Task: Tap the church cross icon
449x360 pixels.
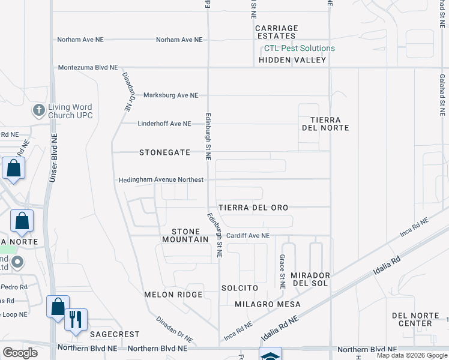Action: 38,110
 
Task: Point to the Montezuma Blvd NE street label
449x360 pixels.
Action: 88,68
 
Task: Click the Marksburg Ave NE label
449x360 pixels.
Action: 170,95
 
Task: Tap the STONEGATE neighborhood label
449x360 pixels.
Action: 164,152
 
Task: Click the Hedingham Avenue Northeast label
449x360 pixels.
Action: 160,179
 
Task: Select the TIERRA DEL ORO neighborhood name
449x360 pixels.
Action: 253,208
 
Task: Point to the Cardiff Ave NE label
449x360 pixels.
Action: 248,236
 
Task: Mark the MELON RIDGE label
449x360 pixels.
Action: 173,295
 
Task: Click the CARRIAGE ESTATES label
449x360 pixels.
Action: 277,32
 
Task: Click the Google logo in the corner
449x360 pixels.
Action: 20,352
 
